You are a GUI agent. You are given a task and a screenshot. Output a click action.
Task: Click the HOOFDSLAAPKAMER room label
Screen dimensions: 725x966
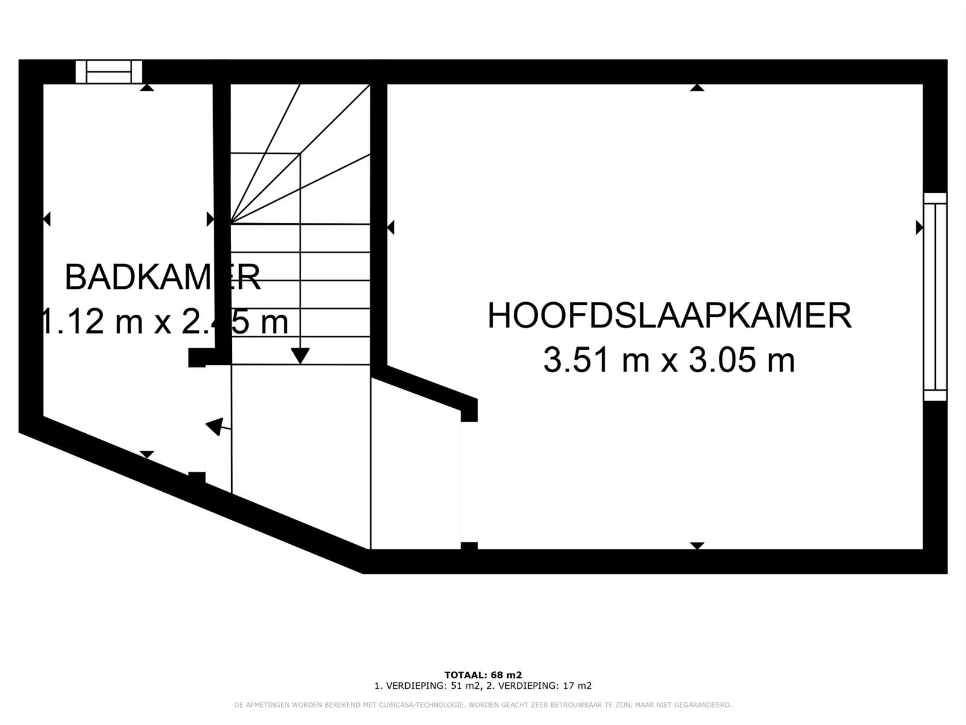670,316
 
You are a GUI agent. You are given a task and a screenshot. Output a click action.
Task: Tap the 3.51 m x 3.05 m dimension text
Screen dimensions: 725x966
669,361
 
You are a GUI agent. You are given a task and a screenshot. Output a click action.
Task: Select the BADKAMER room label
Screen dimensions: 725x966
162,278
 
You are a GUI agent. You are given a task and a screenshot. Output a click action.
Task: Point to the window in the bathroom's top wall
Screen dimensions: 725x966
109,72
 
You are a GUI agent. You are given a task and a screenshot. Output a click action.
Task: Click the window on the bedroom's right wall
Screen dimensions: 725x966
935,297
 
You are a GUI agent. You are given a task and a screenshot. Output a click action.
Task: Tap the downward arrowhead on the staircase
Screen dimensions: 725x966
300,356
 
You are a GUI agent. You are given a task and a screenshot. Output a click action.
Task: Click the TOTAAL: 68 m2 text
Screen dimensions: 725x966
483,675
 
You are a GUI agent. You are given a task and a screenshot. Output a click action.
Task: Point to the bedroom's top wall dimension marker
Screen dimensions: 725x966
697,88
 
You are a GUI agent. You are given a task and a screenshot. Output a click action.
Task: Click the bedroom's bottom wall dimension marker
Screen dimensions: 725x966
697,546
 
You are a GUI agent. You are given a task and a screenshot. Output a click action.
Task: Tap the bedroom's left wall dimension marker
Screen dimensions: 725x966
391,227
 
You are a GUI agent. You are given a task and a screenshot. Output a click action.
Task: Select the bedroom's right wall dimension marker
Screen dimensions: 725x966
920,227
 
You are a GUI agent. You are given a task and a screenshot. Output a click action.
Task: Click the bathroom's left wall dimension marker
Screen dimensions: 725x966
47,219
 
